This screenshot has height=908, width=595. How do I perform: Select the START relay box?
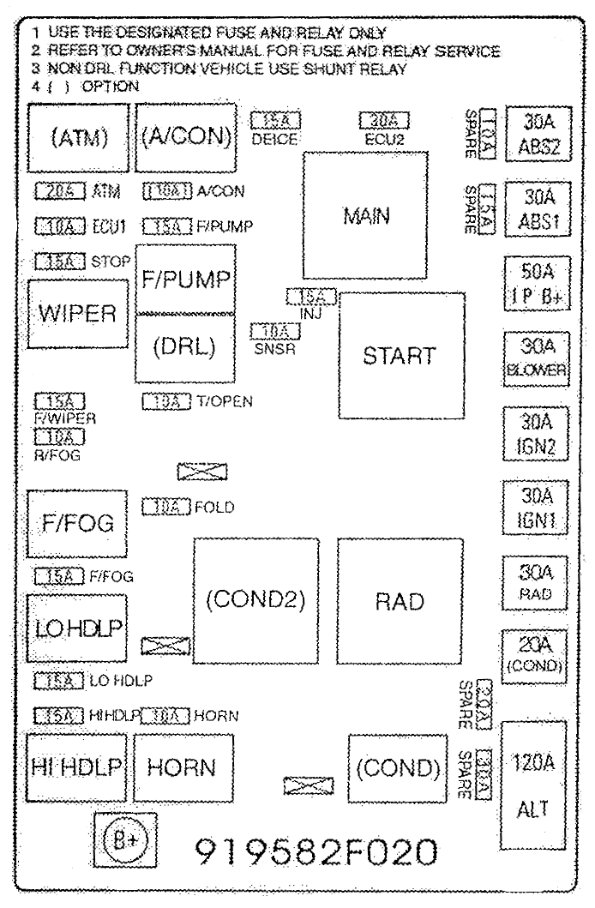[399, 354]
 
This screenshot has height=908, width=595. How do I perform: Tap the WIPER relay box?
[76, 312]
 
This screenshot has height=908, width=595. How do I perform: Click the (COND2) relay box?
[255, 601]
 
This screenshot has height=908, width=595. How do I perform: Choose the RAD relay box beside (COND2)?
[399, 601]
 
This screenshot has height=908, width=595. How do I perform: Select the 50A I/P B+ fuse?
[532, 280]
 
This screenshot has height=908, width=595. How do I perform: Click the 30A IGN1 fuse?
[532, 508]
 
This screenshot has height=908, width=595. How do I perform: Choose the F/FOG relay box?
[76, 524]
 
